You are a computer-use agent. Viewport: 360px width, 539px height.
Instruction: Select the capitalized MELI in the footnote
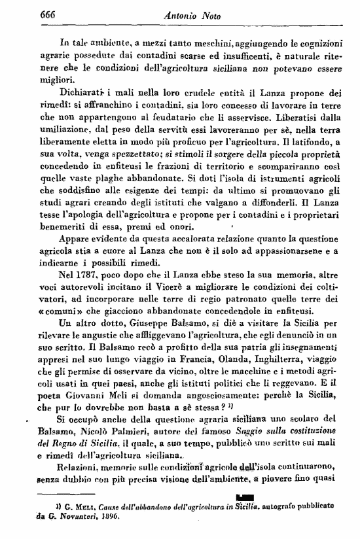(73, 506)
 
